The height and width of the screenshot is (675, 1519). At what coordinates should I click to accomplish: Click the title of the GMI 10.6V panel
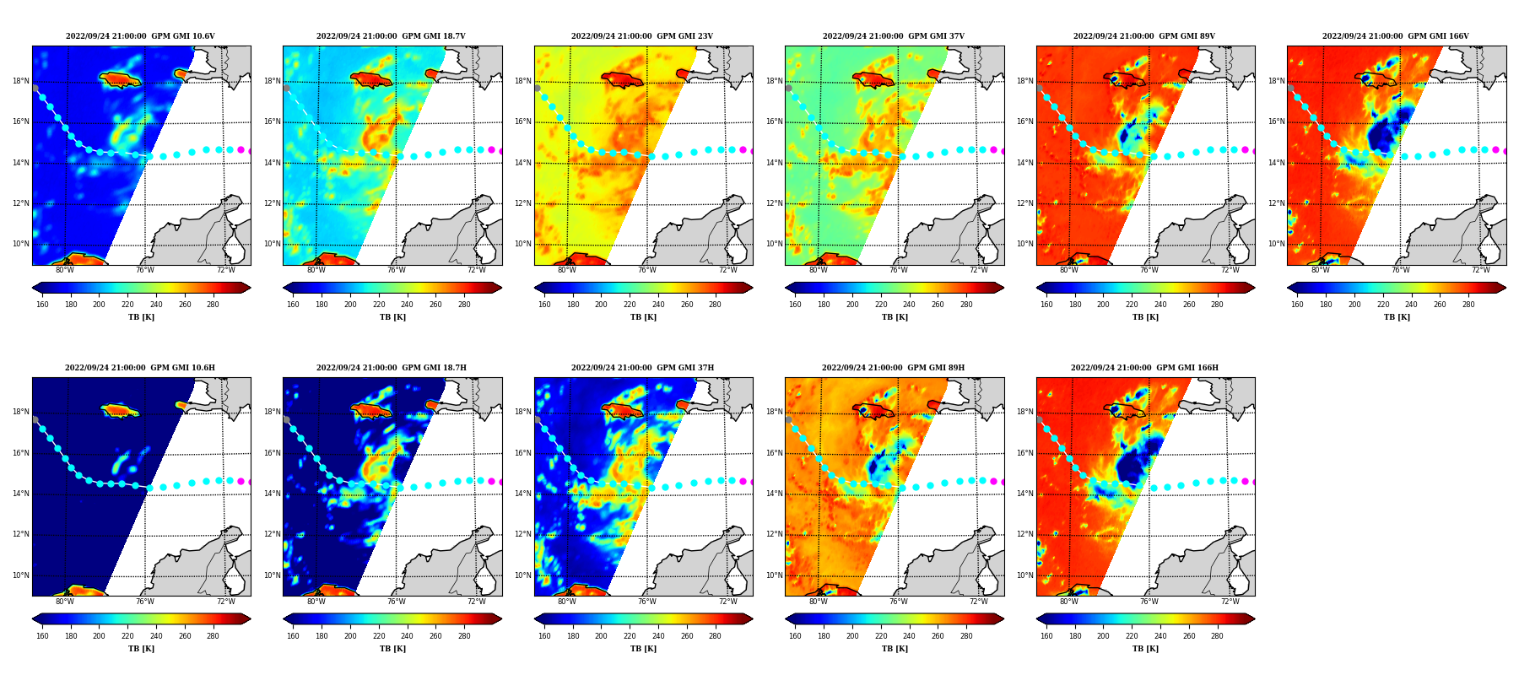pos(140,36)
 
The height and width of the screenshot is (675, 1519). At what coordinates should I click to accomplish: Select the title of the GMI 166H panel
pos(1144,368)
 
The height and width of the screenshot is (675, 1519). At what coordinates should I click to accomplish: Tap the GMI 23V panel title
pos(642,36)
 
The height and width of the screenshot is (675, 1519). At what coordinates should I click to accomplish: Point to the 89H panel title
pos(894,368)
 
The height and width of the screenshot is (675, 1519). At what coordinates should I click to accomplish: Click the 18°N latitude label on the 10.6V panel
pos(20,82)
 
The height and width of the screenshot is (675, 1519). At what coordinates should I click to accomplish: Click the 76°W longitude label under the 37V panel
pos(898,271)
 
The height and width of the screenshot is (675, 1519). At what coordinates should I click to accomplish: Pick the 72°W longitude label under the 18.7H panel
pos(477,602)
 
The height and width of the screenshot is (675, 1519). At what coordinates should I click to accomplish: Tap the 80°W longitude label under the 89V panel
pos(1068,271)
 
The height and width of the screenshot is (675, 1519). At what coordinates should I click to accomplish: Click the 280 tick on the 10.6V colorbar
pos(213,305)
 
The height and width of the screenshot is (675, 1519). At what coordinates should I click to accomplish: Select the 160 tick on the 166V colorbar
pos(1297,305)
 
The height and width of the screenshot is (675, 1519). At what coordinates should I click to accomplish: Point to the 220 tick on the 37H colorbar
pos(630,636)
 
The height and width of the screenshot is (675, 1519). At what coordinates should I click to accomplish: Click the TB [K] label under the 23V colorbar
pos(643,317)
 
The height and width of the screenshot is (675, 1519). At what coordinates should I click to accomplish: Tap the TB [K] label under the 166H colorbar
pos(1145,649)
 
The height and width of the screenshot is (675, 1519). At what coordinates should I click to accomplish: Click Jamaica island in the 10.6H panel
pos(119,411)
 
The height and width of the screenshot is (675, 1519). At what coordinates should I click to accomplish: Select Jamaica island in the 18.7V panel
pos(370,80)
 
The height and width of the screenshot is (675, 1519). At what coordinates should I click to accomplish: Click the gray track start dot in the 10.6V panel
pos(35,88)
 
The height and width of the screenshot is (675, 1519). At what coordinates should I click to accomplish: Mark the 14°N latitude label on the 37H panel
pos(522,494)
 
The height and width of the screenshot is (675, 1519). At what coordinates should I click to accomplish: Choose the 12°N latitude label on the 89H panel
pos(773,535)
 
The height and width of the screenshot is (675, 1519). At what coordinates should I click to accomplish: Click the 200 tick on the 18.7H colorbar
pos(350,636)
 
